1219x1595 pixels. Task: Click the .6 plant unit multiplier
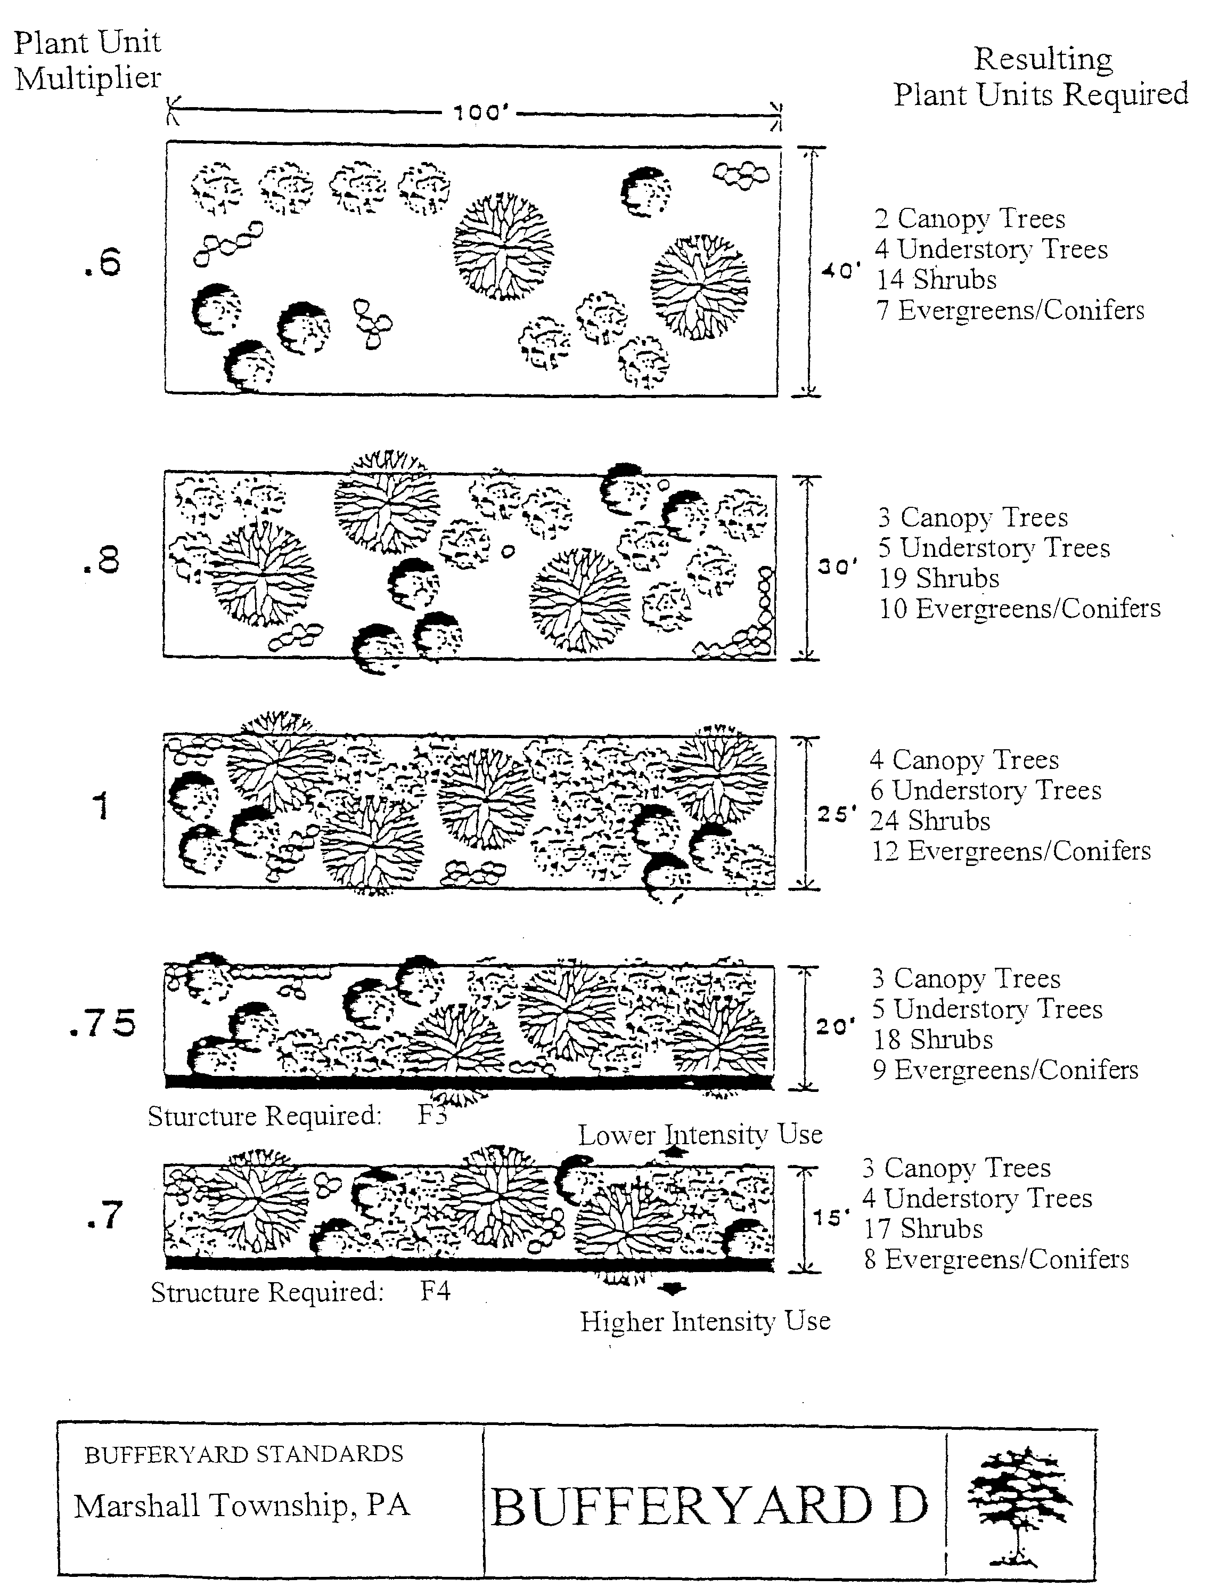pyautogui.click(x=102, y=263)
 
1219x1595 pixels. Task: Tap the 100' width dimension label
pyautogui.click(x=480, y=114)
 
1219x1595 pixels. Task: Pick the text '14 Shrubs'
pyautogui.click(x=936, y=279)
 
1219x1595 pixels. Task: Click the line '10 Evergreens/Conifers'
pyautogui.click(x=1019, y=609)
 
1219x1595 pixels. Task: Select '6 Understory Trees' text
pyautogui.click(x=985, y=790)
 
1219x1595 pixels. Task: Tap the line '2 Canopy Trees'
pyautogui.click(x=969, y=218)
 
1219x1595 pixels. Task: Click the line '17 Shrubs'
pyautogui.click(x=923, y=1228)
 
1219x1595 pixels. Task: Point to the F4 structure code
pyautogui.click(x=436, y=1291)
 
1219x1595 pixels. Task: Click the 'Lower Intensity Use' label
pyautogui.click(x=700, y=1134)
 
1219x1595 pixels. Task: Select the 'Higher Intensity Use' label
pyautogui.click(x=705, y=1321)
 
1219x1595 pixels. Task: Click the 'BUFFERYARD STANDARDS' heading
pyautogui.click(x=244, y=1454)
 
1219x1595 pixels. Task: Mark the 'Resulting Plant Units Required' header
pyautogui.click(x=1041, y=76)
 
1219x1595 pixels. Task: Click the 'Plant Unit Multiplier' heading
pyautogui.click(x=88, y=60)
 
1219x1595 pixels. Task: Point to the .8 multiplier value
pyautogui.click(x=102, y=561)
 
